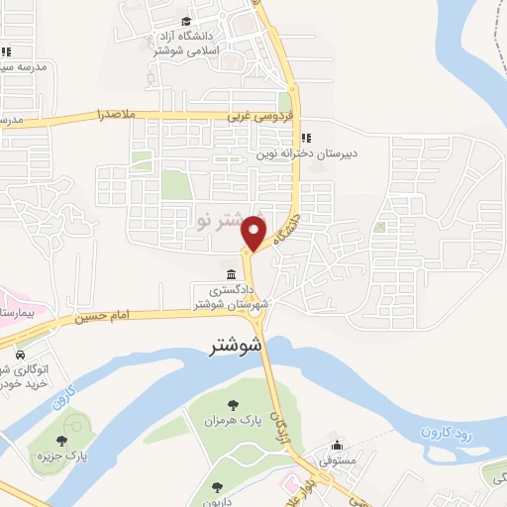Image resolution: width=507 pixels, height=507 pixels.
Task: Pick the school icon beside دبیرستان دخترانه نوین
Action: coord(306,137)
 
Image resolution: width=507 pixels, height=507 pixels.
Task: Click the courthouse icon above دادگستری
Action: coord(231,274)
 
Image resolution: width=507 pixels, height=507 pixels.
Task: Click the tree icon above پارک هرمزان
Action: coord(234,404)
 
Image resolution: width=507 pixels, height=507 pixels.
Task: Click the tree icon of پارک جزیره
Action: coord(61,441)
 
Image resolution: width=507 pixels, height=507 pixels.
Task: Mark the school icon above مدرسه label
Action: coord(5,51)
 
